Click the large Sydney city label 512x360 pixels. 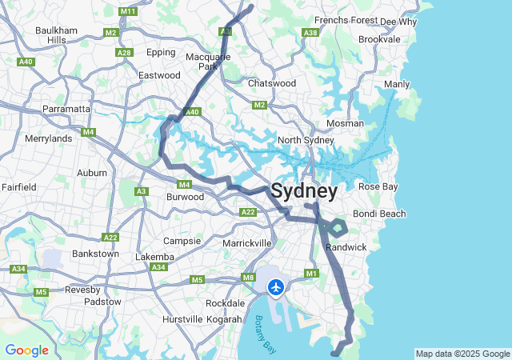pos(304,192)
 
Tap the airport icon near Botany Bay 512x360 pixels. pos(276,286)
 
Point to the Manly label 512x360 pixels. pos(397,84)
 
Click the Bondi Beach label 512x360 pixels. pos(379,214)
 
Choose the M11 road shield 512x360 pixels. pos(127,11)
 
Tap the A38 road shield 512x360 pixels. pos(310,33)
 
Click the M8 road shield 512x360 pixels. pos(248,278)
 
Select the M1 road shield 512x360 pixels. pos(312,274)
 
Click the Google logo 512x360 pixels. pos(26,350)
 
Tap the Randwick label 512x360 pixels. pos(346,247)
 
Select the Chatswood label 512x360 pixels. pos(272,82)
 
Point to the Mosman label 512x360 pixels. pos(345,123)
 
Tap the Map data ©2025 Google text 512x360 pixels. pos(462,354)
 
